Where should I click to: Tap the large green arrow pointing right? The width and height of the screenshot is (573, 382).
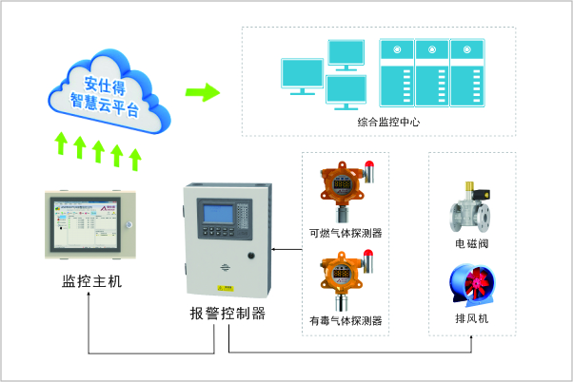[201, 93]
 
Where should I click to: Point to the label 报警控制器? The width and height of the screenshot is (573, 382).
[227, 314]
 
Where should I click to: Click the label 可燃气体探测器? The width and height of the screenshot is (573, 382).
[345, 231]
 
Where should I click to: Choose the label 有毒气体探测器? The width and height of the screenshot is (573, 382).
[345, 321]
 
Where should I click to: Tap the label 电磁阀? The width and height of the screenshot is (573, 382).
[471, 244]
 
